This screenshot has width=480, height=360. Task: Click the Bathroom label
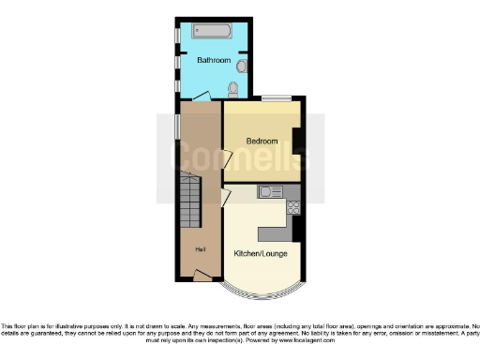click(214, 60)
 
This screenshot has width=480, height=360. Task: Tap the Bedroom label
click(260, 141)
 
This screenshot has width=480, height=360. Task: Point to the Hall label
click(200, 249)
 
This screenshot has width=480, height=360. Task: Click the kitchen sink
click(269, 193)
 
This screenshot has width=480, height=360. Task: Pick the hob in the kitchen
click(293, 208)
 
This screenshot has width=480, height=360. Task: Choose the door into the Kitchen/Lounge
click(226, 198)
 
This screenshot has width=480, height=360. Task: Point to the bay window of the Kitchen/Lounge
click(262, 283)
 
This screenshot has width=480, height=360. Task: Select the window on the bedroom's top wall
click(276, 98)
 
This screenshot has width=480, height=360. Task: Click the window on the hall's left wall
click(176, 127)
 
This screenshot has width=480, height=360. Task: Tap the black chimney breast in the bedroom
click(298, 142)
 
